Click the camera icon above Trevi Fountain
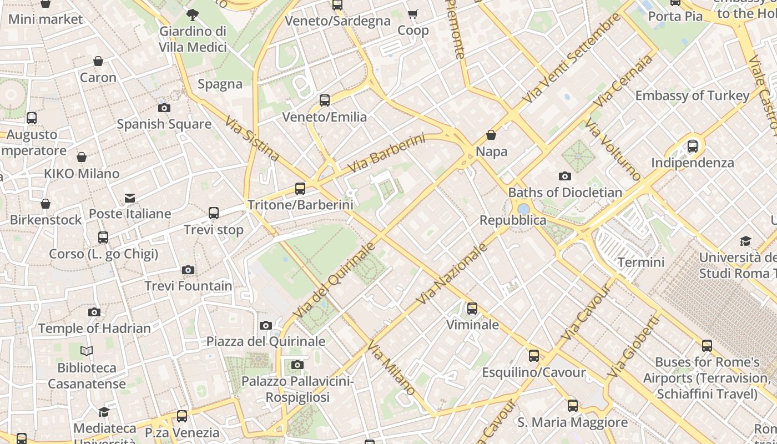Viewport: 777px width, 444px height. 188,270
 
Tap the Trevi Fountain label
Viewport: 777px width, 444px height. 188,286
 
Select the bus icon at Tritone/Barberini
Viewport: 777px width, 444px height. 300,189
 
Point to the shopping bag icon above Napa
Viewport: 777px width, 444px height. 491,135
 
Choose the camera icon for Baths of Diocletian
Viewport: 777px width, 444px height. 565,176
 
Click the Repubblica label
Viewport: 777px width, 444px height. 513,220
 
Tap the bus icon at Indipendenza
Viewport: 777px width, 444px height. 693,147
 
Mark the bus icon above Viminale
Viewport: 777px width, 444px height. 472,309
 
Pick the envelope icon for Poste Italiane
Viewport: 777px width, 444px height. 130,198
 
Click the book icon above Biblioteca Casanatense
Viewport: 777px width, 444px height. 87,351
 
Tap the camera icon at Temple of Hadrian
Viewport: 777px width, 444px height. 94,312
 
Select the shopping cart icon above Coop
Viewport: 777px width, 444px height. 413,14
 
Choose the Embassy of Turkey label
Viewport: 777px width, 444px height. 692,95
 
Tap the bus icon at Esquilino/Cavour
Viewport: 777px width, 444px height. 534,356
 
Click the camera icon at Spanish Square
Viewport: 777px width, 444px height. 164,108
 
